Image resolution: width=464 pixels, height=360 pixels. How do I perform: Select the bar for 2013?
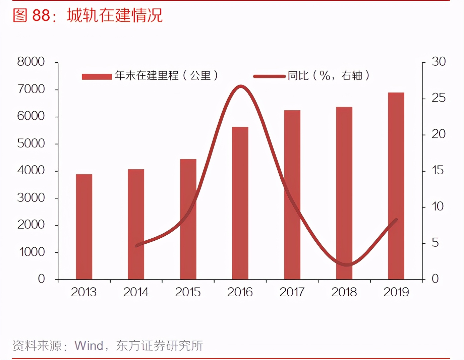84,227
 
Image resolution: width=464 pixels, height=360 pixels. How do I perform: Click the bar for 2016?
240,203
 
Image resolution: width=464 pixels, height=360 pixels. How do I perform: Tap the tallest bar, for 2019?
396,186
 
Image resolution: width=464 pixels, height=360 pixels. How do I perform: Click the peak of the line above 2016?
240,86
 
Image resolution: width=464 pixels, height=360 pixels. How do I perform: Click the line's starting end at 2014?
136,246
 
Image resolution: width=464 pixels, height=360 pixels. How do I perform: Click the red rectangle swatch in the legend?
97,76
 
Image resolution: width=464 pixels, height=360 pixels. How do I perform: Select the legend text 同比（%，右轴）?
329,75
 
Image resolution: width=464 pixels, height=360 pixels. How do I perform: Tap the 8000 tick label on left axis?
31,62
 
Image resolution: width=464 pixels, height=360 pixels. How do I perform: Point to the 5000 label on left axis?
31,143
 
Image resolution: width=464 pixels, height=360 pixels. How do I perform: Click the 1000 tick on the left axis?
32,252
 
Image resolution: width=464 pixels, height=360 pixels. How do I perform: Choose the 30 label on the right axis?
439,62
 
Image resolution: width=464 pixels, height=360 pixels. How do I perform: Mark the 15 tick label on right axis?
438,170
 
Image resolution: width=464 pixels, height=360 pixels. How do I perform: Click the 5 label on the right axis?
435,243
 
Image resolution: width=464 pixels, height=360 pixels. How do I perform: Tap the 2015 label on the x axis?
188,292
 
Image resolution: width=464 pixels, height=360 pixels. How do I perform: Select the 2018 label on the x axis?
344,292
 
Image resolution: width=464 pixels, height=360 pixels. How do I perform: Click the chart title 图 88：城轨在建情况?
88,15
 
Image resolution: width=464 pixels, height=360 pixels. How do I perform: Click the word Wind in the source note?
89,346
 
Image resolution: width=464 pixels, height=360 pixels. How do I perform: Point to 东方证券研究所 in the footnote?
160,346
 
